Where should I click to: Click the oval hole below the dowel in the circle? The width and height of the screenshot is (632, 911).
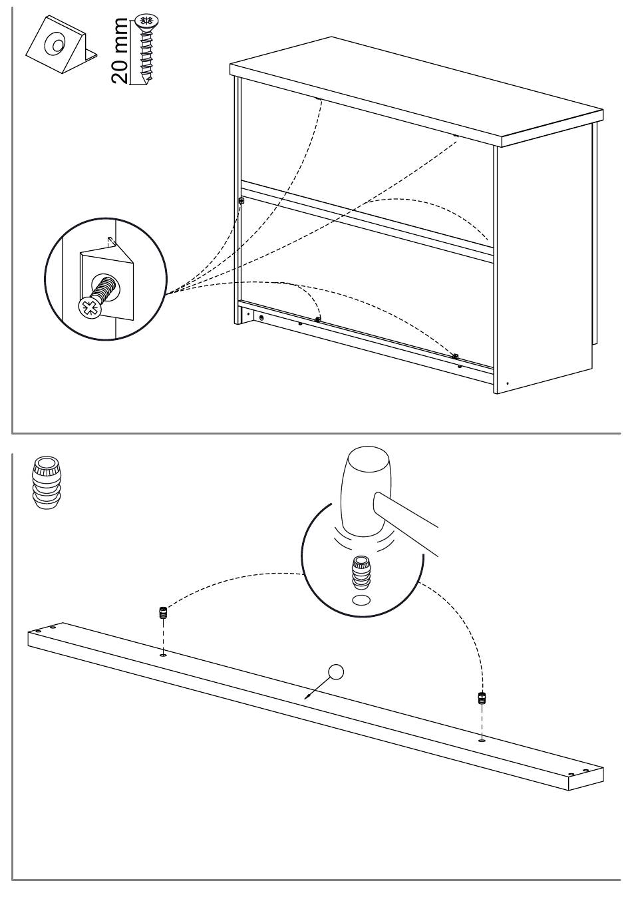361,600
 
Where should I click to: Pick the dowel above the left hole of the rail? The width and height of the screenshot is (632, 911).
161,612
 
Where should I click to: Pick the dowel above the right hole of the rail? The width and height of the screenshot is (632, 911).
482,698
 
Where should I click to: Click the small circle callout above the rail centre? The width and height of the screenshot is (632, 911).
337,672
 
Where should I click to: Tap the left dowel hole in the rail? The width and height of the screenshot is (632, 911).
162,655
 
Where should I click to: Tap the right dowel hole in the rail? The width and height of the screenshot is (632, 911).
481,739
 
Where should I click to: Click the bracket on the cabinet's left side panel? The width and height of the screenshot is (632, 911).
241,199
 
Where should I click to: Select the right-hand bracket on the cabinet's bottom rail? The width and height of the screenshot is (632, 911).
455,357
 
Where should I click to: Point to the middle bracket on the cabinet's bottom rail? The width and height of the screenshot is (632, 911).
318,319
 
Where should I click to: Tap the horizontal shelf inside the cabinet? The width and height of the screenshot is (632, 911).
366,220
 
